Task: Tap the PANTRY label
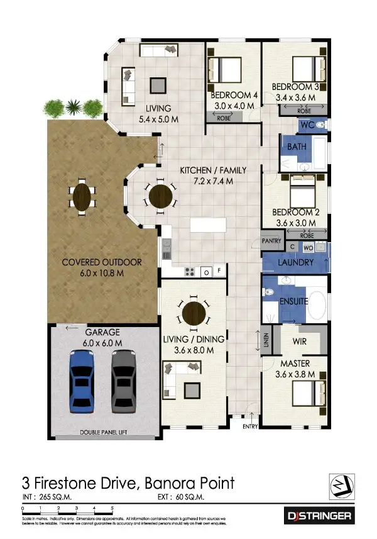[271, 240]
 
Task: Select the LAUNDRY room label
[295, 262]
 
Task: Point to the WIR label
[299, 342]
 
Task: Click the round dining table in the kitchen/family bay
[158, 195]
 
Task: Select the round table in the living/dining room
[194, 312]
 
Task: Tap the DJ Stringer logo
[320, 516]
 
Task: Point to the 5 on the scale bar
[112, 507]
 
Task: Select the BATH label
[295, 147]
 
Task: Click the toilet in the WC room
[320, 126]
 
